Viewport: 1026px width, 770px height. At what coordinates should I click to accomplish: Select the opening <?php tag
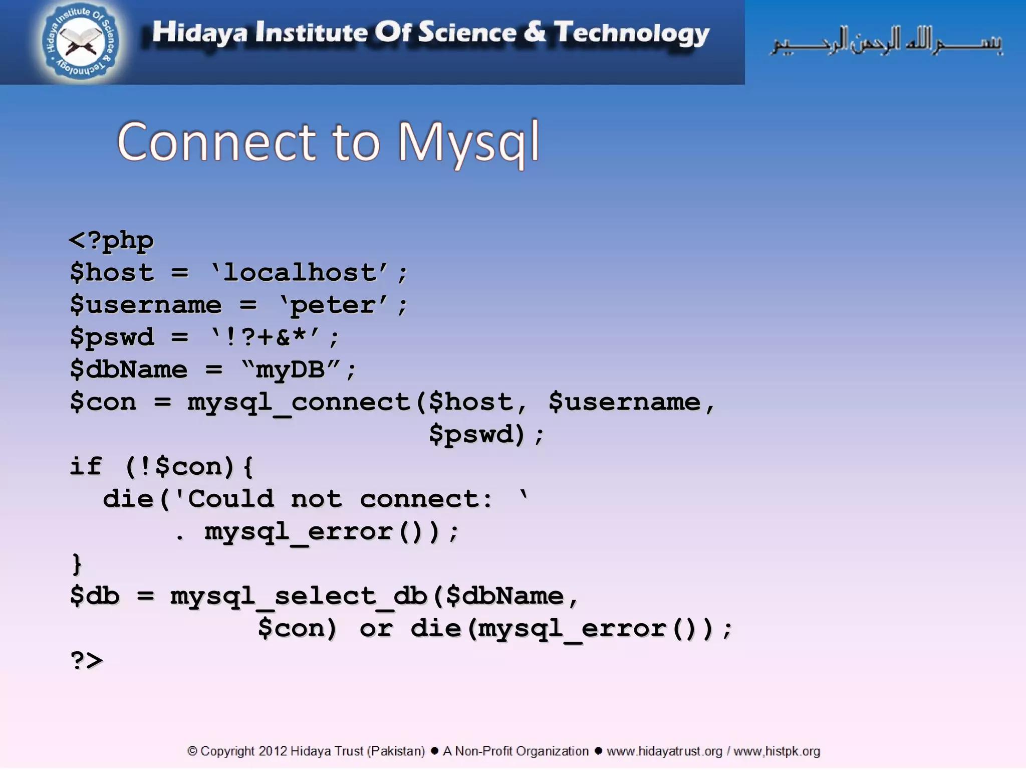coord(111,241)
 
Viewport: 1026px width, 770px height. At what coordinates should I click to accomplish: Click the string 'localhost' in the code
coord(300,273)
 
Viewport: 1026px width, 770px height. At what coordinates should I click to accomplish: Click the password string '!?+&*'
coord(265,337)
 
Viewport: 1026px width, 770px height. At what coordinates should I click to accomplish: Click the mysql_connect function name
coord(299,403)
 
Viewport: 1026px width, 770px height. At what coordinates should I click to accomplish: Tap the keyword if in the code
coord(86,467)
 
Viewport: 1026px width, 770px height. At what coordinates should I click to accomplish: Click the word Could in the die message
coord(231,499)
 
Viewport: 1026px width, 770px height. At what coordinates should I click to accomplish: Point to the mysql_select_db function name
coord(299,597)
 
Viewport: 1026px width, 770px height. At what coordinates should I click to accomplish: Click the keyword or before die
coord(376,629)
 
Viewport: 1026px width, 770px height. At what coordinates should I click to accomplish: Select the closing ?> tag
coord(87,661)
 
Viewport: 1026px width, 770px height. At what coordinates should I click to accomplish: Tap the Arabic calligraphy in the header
coord(886,41)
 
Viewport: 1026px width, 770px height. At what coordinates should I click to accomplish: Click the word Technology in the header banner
coord(631,33)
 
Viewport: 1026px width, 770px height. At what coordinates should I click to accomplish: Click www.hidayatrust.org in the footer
coord(664,751)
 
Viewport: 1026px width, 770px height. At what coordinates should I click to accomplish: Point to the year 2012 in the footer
coord(273,751)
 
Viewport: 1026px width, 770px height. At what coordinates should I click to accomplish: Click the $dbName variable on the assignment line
coord(129,370)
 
